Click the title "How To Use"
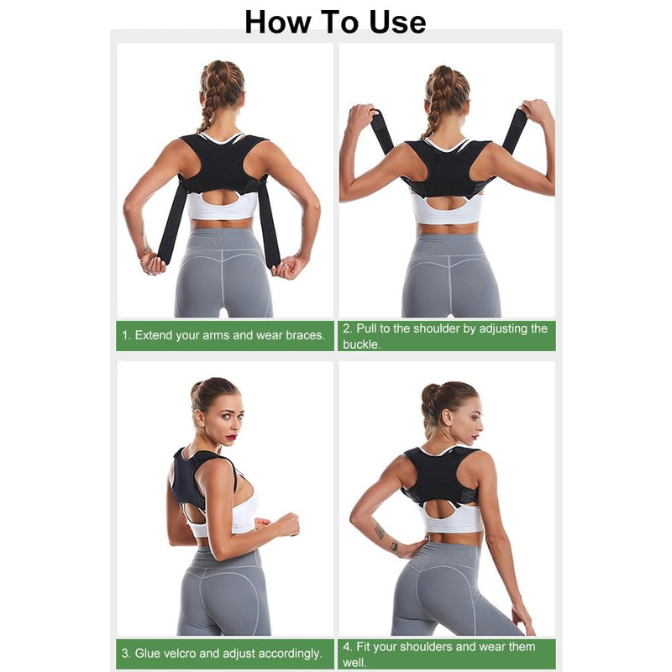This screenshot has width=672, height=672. tap(335, 22)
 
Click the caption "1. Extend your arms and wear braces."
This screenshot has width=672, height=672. tap(223, 335)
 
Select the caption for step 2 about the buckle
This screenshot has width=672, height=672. tap(445, 335)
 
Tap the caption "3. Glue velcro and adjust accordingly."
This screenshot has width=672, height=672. tap(222, 653)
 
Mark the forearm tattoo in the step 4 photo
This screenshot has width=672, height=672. tap(381, 531)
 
